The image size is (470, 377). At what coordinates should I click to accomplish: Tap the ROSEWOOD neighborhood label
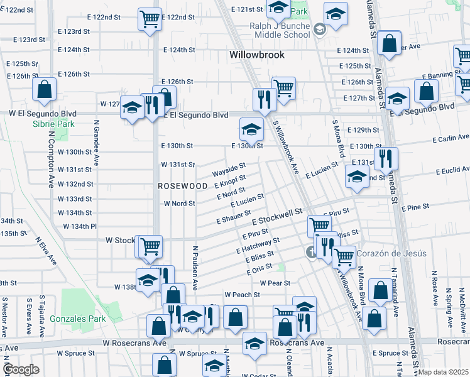coord(182,187)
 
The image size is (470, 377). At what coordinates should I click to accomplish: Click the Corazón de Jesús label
coord(391,254)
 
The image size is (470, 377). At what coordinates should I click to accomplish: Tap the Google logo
coord(21,369)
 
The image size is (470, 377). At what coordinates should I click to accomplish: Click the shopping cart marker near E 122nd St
coord(150,19)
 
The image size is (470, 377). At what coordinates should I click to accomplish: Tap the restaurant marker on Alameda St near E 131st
coord(385,157)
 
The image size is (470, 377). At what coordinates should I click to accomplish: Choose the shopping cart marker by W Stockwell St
coord(151,246)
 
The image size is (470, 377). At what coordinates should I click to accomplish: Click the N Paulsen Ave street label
coord(195,268)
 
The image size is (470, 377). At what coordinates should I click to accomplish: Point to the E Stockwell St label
coord(278,218)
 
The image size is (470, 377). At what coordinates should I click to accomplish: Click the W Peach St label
coord(243,295)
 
